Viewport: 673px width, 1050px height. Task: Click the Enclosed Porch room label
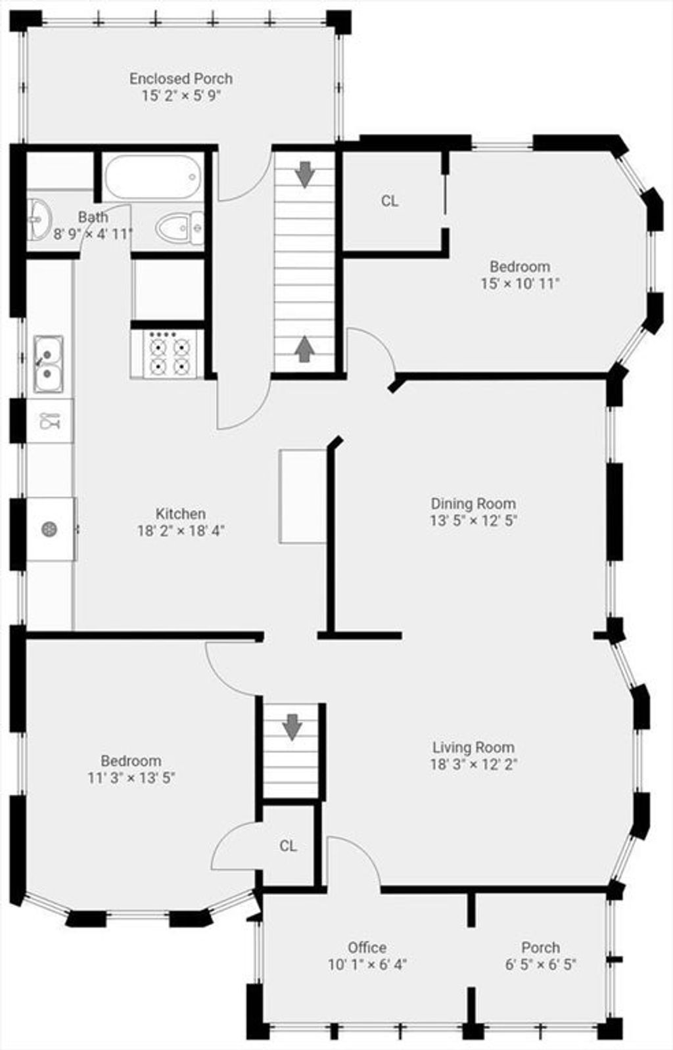pyautogui.click(x=181, y=78)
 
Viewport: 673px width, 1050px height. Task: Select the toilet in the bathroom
pyautogui.click(x=179, y=228)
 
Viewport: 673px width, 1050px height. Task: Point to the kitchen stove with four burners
pyautogui.click(x=168, y=354)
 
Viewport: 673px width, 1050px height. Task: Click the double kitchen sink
pyautogui.click(x=48, y=364)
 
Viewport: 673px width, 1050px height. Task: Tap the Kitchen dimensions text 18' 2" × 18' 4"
pyautogui.click(x=181, y=531)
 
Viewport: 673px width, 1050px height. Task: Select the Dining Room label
pyautogui.click(x=473, y=503)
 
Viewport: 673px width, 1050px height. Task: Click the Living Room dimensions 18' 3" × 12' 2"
pyautogui.click(x=474, y=765)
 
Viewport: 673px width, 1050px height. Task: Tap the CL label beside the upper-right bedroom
pyautogui.click(x=390, y=201)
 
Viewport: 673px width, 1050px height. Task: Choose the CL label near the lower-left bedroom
pyautogui.click(x=288, y=846)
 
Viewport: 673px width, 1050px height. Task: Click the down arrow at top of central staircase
pyautogui.click(x=305, y=174)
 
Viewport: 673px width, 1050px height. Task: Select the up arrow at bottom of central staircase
pyautogui.click(x=305, y=349)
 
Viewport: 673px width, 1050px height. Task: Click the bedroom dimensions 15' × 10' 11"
pyautogui.click(x=520, y=283)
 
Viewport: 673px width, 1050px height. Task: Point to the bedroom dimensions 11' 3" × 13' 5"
pyautogui.click(x=131, y=778)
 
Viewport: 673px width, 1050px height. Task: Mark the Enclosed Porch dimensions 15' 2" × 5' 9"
pyautogui.click(x=181, y=95)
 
